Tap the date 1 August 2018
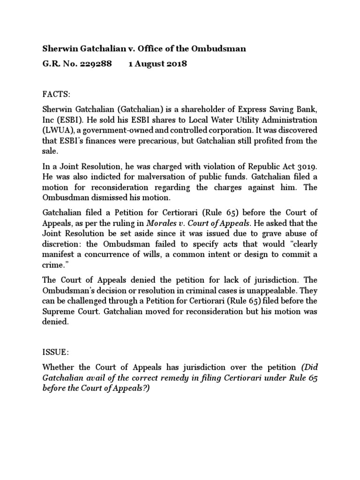pyautogui.click(x=157, y=64)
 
